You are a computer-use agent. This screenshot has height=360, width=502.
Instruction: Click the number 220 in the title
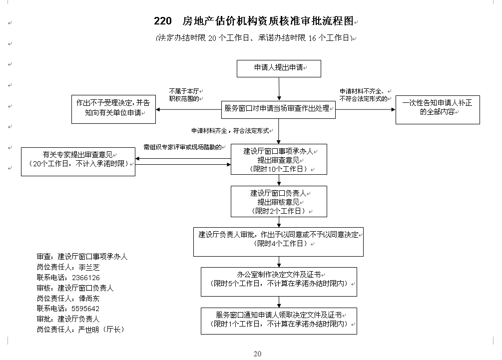tap(163, 21)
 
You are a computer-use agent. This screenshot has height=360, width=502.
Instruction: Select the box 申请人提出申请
tap(279, 68)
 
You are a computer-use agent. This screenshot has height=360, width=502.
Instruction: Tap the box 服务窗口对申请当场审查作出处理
tap(278, 110)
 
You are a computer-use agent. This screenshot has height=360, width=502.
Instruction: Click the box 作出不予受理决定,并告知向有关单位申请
tap(114, 109)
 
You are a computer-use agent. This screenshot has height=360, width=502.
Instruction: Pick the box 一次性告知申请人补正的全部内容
tap(438, 110)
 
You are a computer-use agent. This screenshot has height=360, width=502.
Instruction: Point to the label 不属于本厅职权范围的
tap(184, 95)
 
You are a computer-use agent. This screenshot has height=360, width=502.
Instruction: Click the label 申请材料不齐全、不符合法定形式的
tap(363, 95)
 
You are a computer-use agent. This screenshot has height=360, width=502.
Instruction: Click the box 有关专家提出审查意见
tap(78, 162)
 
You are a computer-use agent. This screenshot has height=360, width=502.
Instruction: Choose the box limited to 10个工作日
tap(279, 159)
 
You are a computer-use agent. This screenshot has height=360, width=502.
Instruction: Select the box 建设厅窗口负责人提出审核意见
tap(279, 201)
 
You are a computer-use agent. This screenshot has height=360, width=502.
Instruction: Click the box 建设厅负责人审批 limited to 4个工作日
tap(278, 242)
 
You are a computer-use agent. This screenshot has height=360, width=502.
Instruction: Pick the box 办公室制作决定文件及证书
tap(279, 282)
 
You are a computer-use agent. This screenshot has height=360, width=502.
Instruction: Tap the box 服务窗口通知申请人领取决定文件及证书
tap(279, 321)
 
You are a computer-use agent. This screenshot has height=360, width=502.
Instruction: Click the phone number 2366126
tap(86, 278)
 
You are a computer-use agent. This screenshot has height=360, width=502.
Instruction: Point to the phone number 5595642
tap(85, 309)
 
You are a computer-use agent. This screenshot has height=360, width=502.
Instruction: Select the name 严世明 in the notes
tap(88, 330)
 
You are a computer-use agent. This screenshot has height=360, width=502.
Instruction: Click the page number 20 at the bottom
tap(257, 354)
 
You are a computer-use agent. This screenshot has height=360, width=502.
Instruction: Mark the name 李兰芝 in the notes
tap(89, 268)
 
